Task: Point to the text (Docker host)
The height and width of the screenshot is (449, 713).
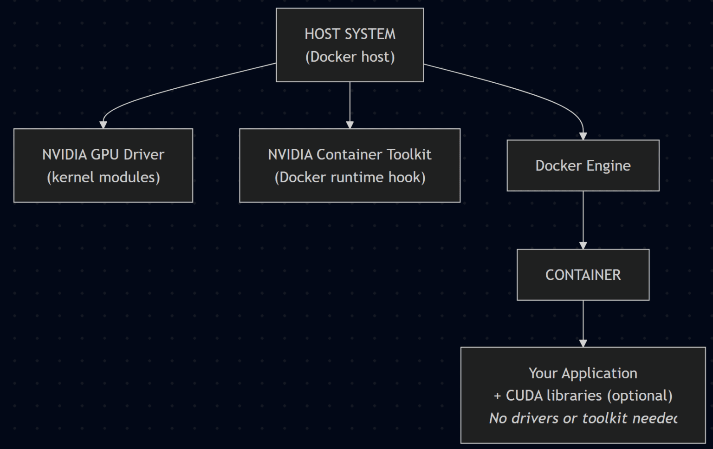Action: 350,57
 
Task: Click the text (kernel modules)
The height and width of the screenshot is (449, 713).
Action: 103,177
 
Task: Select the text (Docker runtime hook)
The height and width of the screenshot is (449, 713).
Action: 350,177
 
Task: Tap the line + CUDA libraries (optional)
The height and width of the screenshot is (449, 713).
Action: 583,396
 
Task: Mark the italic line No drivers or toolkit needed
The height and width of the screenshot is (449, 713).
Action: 583,418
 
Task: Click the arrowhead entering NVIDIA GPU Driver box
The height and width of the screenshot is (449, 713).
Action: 103,125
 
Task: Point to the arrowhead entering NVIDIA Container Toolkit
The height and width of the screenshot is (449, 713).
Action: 350,125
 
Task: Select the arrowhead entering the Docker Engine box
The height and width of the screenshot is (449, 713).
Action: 583,136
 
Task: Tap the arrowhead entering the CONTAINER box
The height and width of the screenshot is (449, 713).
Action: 583,245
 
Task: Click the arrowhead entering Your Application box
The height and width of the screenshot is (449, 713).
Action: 583,343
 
